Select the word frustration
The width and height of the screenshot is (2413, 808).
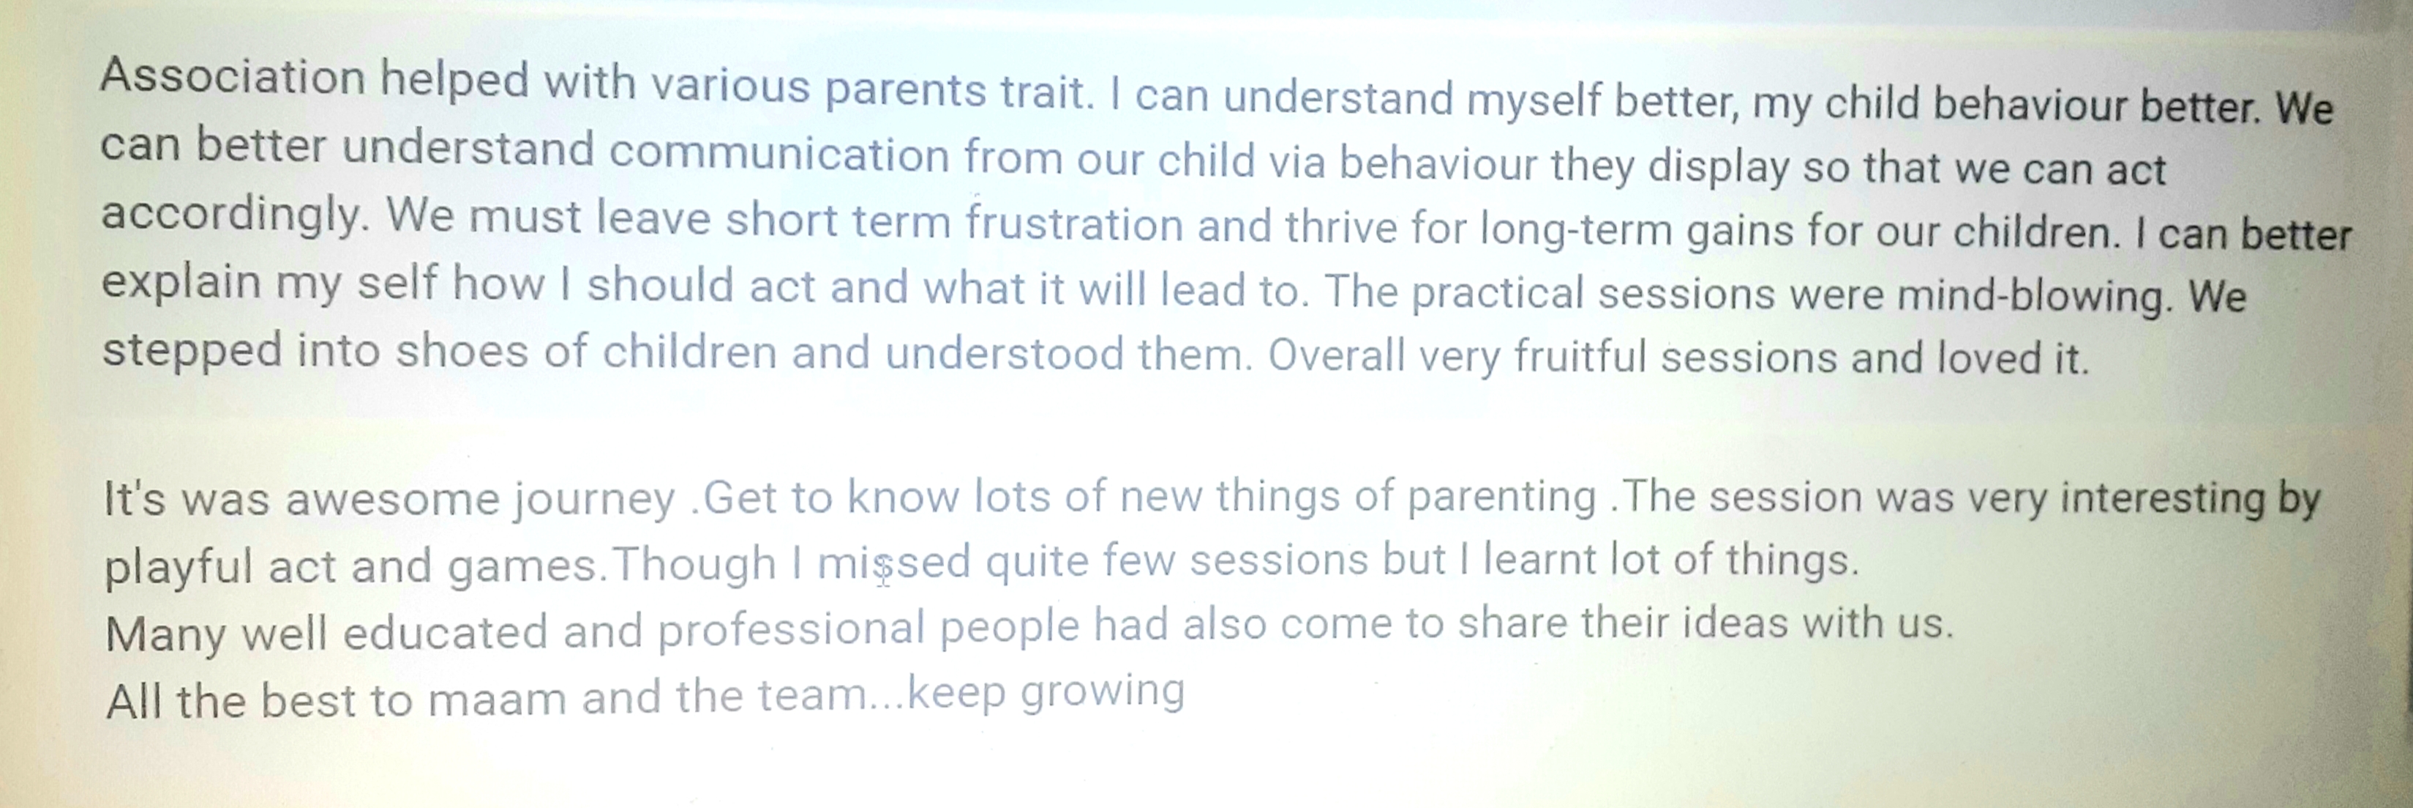point(1074,224)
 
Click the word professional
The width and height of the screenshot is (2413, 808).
point(792,628)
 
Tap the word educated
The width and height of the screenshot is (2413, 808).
point(445,631)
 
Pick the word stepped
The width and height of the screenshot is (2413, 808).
point(192,352)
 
